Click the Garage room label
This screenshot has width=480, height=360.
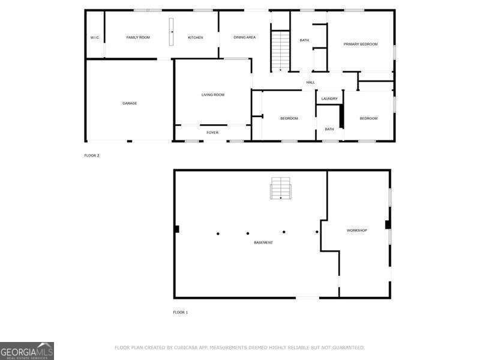pos(130,103)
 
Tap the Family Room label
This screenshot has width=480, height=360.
pos(138,38)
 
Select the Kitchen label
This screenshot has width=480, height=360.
pos(196,38)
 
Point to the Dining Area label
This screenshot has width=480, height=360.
pos(245,38)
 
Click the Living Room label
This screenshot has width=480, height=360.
pos(213,95)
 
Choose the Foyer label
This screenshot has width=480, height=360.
pos(212,133)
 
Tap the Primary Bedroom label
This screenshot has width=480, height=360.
pos(361,44)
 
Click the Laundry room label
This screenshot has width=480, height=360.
pos(329,99)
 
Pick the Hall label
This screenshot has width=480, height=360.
pos(311,82)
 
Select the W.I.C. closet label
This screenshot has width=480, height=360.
pos(95,38)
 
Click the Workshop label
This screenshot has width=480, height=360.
pos(357,230)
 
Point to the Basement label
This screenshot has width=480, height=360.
pos(263,242)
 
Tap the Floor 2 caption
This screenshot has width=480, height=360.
pos(92,155)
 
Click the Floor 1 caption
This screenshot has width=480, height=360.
pos(181,313)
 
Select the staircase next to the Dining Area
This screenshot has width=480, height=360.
pos(280,50)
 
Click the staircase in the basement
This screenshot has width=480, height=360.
pos(280,188)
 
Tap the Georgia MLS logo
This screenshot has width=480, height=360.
pos(27,350)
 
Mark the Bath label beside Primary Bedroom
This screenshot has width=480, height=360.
pos(304,40)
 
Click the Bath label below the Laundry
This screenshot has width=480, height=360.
pos(329,129)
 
